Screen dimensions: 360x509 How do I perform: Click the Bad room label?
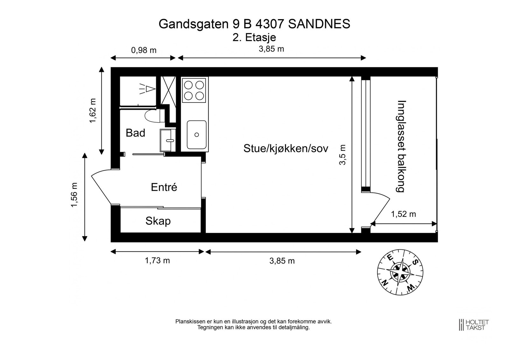point(136,133)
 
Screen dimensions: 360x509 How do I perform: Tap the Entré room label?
point(164,187)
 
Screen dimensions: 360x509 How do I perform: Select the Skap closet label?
point(158,221)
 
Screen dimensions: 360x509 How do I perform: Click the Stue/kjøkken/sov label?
point(286,148)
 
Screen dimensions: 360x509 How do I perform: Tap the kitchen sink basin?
point(196,135)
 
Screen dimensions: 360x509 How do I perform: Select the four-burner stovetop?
point(194,90)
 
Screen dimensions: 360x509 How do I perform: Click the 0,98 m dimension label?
point(144,50)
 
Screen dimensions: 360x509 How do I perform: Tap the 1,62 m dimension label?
point(92,111)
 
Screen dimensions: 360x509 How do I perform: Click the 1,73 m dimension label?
point(157,261)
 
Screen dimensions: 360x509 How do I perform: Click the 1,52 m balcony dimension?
point(403,214)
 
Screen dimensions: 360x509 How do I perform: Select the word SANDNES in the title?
point(319,24)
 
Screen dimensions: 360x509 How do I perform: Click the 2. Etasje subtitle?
point(254,38)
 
